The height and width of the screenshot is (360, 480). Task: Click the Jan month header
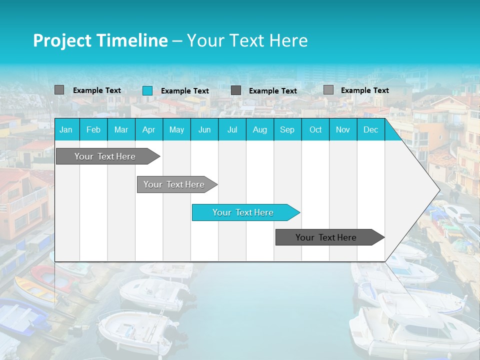pyautogui.click(x=66, y=130)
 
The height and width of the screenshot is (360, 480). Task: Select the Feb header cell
pyautogui.click(x=93, y=130)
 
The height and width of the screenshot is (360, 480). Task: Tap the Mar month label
pyautogui.click(x=121, y=130)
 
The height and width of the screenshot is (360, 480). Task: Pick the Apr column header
pyautogui.click(x=148, y=130)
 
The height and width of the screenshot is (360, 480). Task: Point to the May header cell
pyautogui.click(x=176, y=130)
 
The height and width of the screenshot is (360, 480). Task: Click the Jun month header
pyautogui.click(x=204, y=130)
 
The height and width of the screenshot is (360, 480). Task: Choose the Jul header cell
pyautogui.click(x=232, y=130)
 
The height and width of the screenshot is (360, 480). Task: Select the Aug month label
pyautogui.click(x=259, y=130)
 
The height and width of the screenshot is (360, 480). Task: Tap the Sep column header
pyautogui.click(x=287, y=130)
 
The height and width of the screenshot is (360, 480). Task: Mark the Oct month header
pyautogui.click(x=315, y=130)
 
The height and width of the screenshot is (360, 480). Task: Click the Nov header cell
pyautogui.click(x=343, y=130)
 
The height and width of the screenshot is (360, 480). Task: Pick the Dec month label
pyautogui.click(x=370, y=130)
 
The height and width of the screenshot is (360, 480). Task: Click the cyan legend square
pyautogui.click(x=147, y=90)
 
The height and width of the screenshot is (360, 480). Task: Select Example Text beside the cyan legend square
pyautogui.click(x=185, y=91)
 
